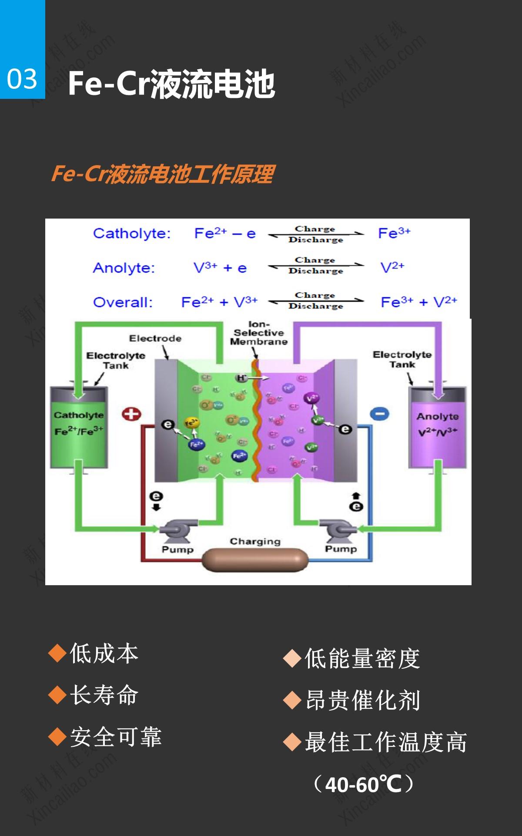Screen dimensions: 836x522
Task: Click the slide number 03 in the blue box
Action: [x=22, y=79]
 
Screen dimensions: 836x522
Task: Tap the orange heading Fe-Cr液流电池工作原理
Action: [x=162, y=174]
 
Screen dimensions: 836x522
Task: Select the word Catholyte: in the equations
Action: [x=132, y=233]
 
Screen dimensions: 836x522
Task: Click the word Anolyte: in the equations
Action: [x=124, y=267]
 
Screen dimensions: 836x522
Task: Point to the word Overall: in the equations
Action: [x=123, y=302]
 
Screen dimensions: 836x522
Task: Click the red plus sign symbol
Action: [x=131, y=414]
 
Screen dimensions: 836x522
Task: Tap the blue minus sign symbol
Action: [x=379, y=414]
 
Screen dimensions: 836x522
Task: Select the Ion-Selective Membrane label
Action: [x=259, y=333]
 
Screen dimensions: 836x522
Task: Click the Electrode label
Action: [x=155, y=338]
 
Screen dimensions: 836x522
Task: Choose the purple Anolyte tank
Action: [x=438, y=427]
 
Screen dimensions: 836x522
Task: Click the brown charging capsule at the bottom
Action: [x=255, y=560]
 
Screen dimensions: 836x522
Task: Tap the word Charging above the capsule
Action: [x=255, y=541]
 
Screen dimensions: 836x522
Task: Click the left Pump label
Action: [x=177, y=549]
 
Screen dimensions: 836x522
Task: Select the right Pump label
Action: [x=341, y=549]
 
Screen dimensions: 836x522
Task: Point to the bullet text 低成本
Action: [x=104, y=653]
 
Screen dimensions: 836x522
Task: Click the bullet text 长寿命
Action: [x=104, y=695]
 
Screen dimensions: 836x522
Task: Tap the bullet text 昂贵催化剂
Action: [x=362, y=700]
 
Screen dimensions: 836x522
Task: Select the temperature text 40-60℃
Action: [x=363, y=784]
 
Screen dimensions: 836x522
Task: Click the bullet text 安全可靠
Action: [x=116, y=737]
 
